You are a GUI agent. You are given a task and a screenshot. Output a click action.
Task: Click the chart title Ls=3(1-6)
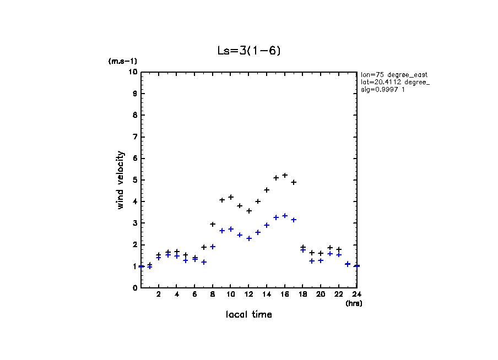[x=250, y=51]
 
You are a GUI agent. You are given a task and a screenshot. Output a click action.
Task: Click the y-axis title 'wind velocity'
[x=120, y=180]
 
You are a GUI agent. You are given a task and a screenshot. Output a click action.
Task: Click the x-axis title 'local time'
[x=249, y=314]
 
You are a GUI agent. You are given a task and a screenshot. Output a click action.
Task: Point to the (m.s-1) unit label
[x=123, y=62]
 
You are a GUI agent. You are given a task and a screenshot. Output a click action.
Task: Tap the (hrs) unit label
[x=354, y=303]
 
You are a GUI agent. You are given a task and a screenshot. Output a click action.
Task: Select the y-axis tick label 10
[x=133, y=72]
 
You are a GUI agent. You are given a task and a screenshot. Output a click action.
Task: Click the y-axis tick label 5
[x=134, y=180]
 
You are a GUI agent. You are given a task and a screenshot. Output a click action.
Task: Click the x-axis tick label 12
[x=248, y=294]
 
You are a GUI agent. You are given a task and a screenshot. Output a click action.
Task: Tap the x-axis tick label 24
[x=356, y=294]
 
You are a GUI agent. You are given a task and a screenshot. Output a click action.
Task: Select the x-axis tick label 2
[x=159, y=294]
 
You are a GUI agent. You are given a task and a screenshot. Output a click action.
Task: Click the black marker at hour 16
[x=285, y=175]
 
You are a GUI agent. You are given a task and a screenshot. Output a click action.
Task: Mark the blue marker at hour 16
[x=285, y=216]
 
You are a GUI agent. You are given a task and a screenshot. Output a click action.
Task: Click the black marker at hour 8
[x=213, y=224]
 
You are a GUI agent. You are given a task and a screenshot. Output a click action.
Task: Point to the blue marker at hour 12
[x=249, y=238]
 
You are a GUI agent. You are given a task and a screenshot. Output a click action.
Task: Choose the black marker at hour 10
[x=231, y=197]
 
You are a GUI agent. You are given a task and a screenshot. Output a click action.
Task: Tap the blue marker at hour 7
[x=204, y=262]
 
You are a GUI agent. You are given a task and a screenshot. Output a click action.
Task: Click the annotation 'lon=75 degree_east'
[x=394, y=74]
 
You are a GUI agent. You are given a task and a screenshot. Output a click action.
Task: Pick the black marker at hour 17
[x=294, y=182]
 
